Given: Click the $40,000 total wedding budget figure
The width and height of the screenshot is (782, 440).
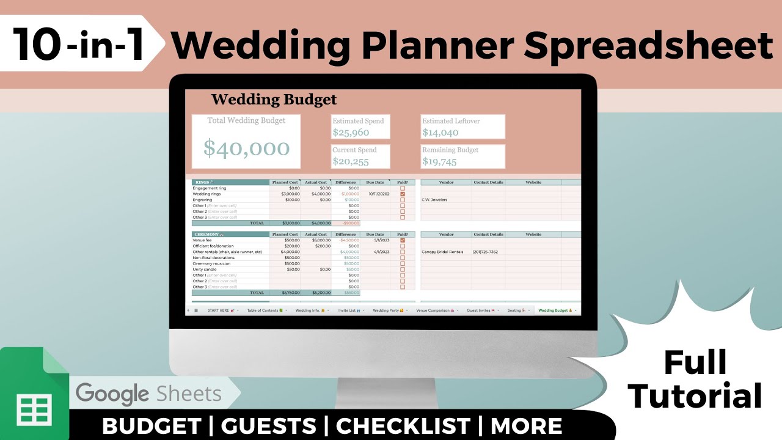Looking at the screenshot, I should pyautogui.click(x=246, y=148).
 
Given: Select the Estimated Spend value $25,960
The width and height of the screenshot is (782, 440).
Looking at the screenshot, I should pyautogui.click(x=351, y=133).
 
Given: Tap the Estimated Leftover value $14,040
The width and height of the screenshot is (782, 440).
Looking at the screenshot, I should pyautogui.click(x=440, y=133).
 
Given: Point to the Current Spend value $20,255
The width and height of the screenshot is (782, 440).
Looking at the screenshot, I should pyautogui.click(x=351, y=162).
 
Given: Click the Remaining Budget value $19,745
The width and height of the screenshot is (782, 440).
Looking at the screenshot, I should pyautogui.click(x=440, y=162).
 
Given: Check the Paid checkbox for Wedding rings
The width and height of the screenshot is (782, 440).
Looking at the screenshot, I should pyautogui.click(x=403, y=194).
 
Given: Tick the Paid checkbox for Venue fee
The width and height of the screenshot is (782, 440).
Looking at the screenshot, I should pyautogui.click(x=403, y=240).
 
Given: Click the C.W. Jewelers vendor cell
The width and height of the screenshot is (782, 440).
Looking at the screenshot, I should pyautogui.click(x=435, y=200).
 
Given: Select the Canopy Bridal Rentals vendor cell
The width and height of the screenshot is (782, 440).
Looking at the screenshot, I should pyautogui.click(x=443, y=252).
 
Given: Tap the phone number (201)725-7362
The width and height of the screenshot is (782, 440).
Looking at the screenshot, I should pyautogui.click(x=485, y=252).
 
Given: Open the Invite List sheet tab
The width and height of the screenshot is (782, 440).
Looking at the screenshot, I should pyautogui.click(x=349, y=310).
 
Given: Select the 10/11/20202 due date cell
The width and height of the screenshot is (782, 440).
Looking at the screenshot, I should pyautogui.click(x=379, y=194).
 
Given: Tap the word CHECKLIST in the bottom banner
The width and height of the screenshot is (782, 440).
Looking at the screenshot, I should pyautogui.click(x=403, y=426).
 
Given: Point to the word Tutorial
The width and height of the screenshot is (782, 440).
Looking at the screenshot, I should pyautogui.click(x=695, y=395).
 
